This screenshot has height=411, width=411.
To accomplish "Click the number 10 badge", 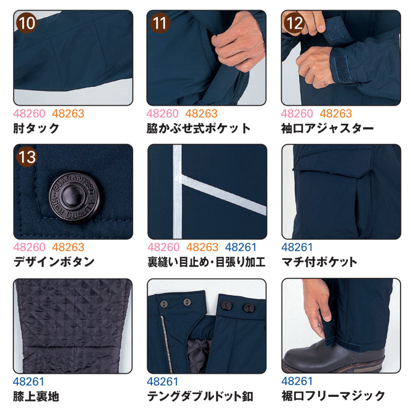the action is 26,23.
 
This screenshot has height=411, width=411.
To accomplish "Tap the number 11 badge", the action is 159,23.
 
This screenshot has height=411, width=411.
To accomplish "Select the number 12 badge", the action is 294,23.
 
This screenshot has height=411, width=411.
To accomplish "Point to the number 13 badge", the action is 26,157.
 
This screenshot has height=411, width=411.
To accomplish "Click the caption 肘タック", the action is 36,128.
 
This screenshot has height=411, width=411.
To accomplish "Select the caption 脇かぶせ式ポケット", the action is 199,128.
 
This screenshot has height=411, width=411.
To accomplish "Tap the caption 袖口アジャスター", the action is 328,128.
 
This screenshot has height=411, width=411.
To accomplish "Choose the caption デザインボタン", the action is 54,261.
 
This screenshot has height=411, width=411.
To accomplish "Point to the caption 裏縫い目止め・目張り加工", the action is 207,262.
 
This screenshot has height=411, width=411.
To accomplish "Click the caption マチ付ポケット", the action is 319,262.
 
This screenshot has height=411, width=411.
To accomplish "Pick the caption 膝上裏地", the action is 36,396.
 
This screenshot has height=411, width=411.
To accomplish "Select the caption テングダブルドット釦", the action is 200,396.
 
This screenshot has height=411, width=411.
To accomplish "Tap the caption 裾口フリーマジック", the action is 333,396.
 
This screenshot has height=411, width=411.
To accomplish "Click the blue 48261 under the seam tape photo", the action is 240,247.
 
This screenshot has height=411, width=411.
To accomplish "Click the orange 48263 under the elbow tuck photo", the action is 68,113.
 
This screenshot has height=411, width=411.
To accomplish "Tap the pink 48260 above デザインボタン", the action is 29,247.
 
